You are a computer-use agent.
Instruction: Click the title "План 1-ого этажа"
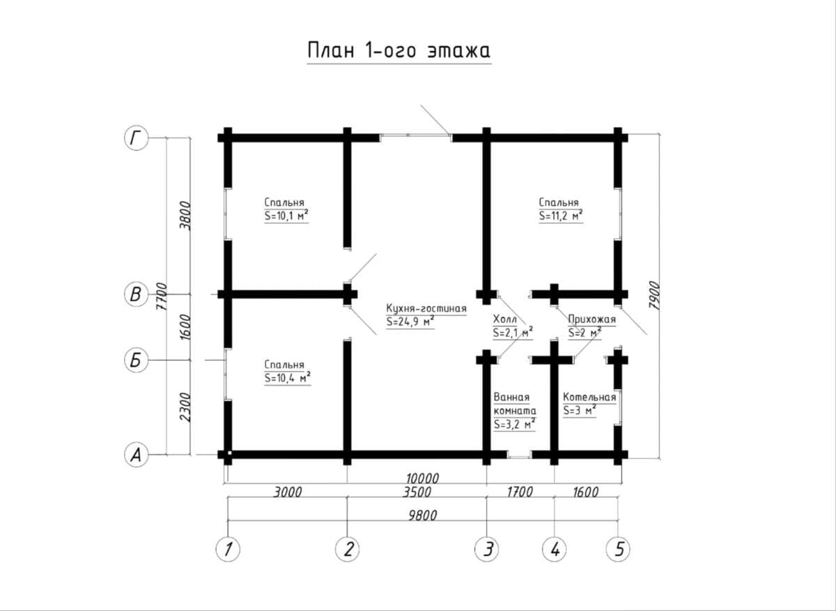[x=399, y=50]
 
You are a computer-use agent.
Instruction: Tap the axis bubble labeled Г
[x=136, y=138]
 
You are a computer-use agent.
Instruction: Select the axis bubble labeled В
[x=136, y=294]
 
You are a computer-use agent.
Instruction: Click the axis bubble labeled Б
[x=136, y=360]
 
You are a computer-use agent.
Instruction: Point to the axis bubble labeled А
[x=136, y=455]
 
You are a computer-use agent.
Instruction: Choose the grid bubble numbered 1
[x=228, y=550]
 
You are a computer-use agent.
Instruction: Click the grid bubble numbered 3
[x=487, y=550]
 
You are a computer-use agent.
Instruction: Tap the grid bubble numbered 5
[x=618, y=550]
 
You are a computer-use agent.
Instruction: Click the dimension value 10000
[x=422, y=478]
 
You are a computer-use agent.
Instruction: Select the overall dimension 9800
[x=422, y=515]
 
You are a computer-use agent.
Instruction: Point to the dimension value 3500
[x=417, y=492]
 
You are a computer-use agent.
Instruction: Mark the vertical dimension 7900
[x=654, y=295]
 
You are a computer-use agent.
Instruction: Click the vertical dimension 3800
[x=185, y=216]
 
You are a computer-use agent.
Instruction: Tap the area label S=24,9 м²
[x=410, y=322]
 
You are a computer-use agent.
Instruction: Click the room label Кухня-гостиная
[x=426, y=308]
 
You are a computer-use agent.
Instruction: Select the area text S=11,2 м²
[x=561, y=216]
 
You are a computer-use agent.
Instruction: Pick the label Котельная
[x=589, y=397]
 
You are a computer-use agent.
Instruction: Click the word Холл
[x=505, y=319]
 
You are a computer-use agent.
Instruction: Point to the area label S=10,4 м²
[x=288, y=378]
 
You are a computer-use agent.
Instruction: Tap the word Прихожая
[x=592, y=319]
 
